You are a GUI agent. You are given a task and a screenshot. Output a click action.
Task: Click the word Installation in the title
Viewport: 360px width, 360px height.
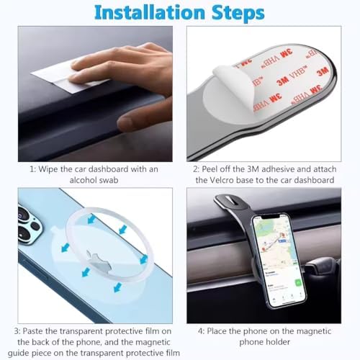(150, 12)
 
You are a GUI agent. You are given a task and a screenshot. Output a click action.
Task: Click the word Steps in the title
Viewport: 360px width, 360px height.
(238, 14)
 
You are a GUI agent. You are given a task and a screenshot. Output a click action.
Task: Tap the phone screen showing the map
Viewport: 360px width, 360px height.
(279, 261)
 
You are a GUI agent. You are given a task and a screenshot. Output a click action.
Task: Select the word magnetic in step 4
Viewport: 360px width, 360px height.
(314, 331)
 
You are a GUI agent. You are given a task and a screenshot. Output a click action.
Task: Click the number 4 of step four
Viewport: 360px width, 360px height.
(201, 331)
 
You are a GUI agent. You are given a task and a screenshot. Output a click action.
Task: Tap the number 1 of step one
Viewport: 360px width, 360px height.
(32, 169)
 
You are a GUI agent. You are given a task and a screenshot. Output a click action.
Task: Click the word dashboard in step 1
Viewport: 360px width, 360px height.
(108, 169)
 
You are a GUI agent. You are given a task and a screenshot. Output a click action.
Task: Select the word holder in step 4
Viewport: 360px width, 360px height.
(279, 342)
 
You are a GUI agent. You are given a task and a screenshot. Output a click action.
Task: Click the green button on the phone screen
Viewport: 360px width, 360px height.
(298, 283)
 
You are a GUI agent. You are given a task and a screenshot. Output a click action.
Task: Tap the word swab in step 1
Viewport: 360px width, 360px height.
(109, 180)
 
